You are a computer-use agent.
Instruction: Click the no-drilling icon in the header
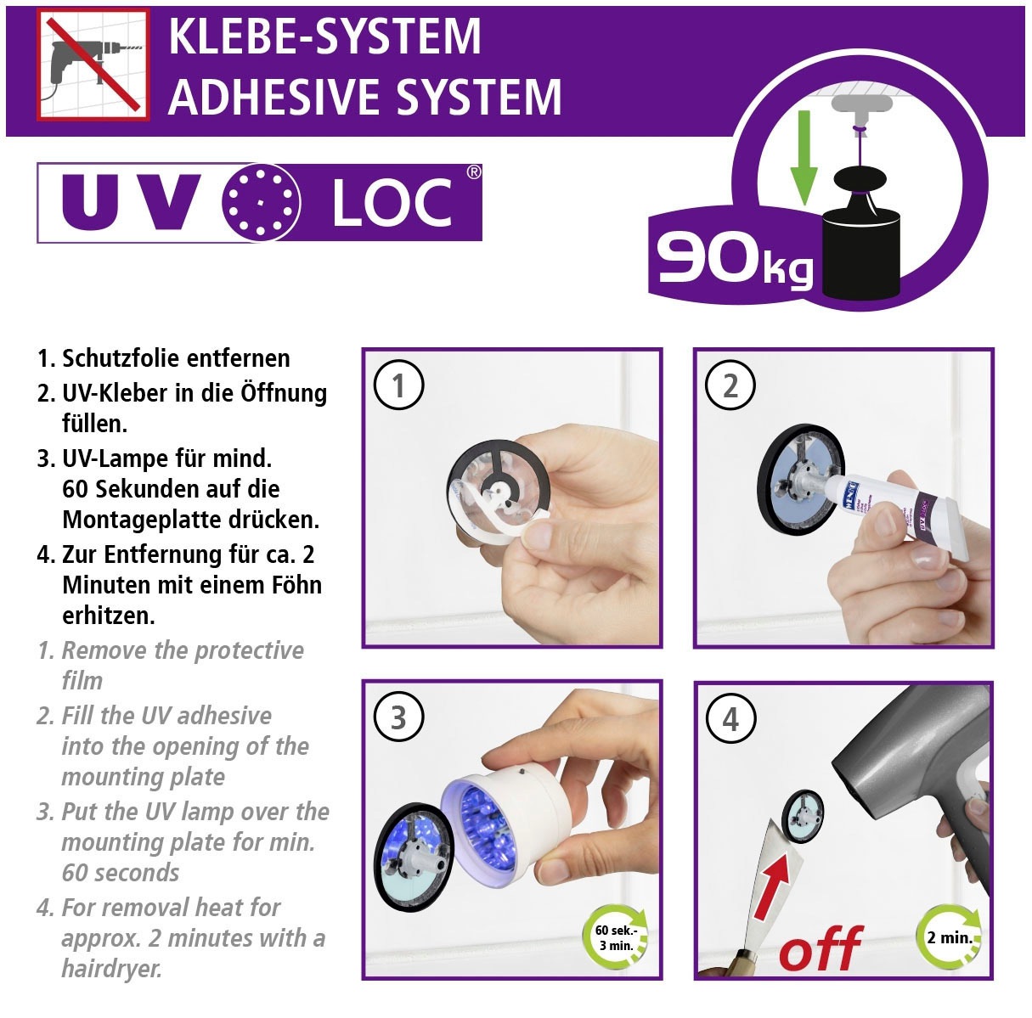point(93,65)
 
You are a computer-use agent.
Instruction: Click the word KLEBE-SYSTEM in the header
point(324,37)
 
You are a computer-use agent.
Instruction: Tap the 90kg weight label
point(732,259)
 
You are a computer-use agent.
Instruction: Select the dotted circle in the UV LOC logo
point(262,203)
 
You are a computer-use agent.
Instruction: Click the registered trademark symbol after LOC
point(474,172)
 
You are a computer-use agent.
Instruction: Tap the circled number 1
point(398,386)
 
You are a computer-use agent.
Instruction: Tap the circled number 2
point(730,386)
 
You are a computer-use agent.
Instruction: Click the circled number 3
point(398,718)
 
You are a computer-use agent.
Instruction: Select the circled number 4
point(730,719)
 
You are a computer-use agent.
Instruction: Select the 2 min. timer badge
point(949,938)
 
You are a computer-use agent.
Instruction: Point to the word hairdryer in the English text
point(110,968)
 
